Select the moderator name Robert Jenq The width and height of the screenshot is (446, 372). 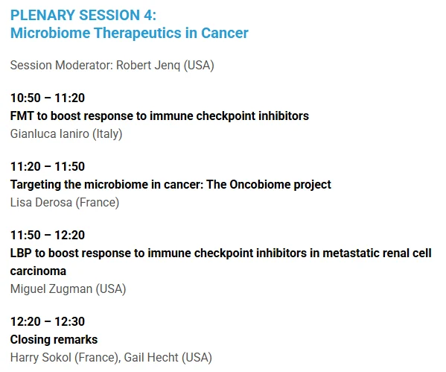click(x=147, y=66)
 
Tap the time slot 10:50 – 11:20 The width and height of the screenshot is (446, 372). click(x=48, y=98)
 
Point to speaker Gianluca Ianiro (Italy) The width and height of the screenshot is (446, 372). click(x=66, y=133)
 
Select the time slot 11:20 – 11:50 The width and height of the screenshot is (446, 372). click(x=48, y=166)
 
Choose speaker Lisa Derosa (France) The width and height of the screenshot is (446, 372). click(x=65, y=202)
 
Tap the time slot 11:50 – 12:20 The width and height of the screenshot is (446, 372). click(x=48, y=235)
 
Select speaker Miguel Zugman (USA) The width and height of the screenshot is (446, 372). click(x=68, y=289)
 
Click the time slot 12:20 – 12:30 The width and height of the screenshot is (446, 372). click(x=48, y=321)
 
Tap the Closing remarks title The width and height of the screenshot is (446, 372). click(x=54, y=339)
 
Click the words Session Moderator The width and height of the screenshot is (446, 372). click(x=61, y=66)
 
